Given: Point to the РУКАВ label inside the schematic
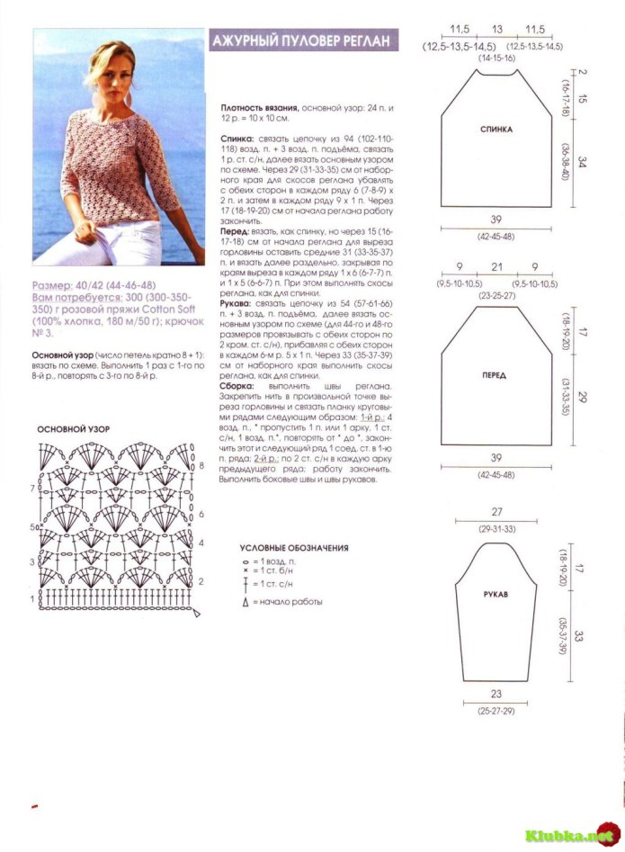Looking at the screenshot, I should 496,595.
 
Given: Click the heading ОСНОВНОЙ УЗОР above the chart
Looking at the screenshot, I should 74,430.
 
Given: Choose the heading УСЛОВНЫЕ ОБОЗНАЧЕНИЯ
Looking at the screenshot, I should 294,548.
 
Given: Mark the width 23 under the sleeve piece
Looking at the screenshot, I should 496,695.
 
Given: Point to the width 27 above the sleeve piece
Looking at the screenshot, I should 496,511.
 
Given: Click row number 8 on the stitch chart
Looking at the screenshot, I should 201,466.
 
